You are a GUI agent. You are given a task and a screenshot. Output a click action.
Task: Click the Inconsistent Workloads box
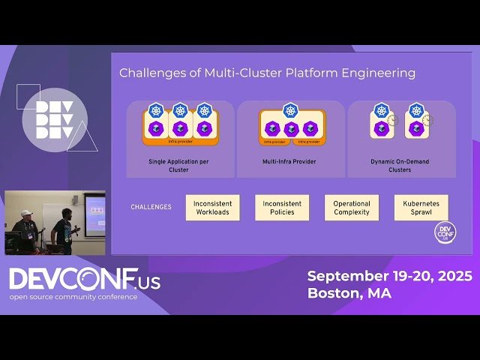[212, 208]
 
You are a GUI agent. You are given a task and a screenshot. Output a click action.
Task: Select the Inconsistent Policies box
[282, 208]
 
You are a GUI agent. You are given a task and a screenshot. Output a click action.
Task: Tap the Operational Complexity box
[352, 208]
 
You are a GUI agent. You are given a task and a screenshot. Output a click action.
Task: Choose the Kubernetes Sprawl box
[421, 208]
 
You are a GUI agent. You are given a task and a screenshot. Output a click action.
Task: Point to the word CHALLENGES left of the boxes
[151, 207]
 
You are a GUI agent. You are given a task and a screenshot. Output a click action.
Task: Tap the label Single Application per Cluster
[180, 165]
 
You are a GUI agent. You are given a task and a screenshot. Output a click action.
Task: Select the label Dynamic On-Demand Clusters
[401, 165]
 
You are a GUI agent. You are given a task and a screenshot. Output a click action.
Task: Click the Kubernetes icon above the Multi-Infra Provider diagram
[291, 111]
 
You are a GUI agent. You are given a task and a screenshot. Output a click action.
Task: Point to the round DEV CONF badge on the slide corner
[445, 232]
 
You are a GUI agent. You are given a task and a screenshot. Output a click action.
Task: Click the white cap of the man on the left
[26, 214]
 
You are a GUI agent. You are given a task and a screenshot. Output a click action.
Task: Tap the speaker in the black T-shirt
[62, 231]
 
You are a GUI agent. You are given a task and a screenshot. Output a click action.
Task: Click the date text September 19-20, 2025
[389, 276]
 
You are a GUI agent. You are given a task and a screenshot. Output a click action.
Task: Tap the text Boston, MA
[349, 293]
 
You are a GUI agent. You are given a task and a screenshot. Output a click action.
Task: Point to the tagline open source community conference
[73, 297]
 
